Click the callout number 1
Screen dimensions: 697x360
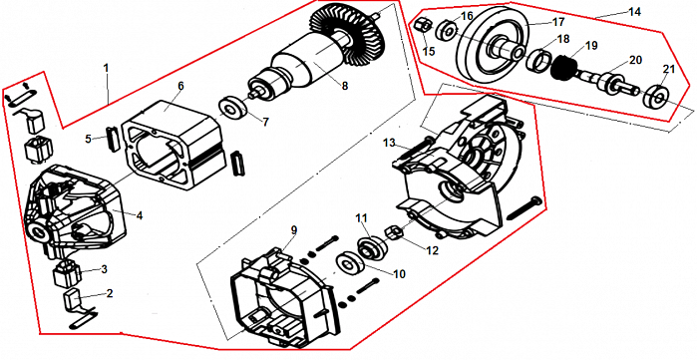click(x=106, y=69)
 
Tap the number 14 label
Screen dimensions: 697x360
click(x=634, y=12)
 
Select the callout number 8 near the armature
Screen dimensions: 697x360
click(x=344, y=86)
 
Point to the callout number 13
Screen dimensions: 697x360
click(x=389, y=143)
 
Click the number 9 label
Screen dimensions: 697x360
click(x=294, y=230)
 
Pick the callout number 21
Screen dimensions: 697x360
click(x=669, y=70)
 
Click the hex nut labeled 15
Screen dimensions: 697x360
click(x=423, y=27)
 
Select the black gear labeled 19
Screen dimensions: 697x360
click(x=562, y=65)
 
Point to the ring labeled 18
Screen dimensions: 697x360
click(x=538, y=59)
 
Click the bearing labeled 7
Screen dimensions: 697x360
click(x=233, y=109)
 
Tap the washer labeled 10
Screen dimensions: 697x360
click(x=351, y=263)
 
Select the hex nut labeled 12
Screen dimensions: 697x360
click(x=393, y=232)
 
